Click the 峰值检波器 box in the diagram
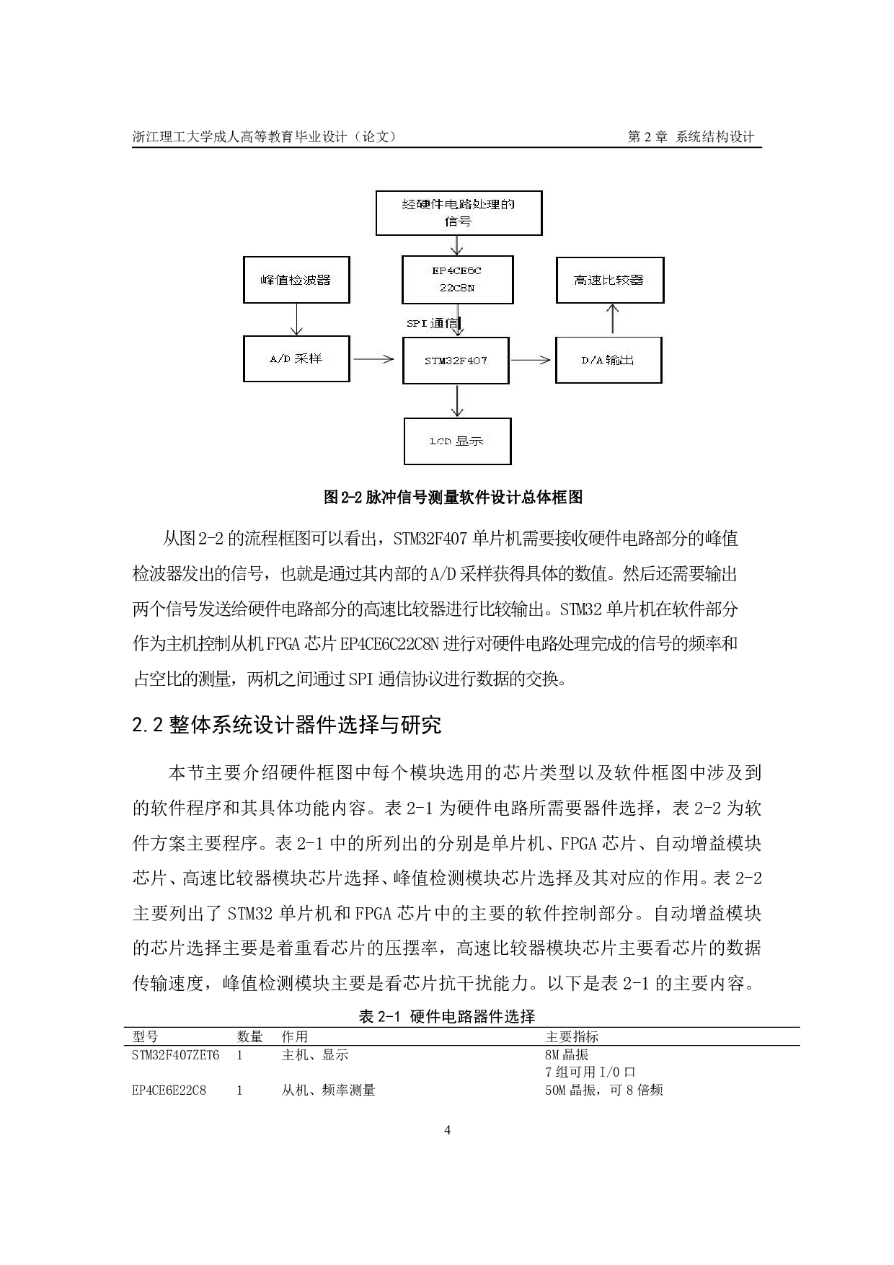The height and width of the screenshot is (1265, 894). [296, 279]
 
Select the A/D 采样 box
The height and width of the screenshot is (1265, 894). [296, 358]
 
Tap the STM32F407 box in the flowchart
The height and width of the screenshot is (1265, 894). [456, 360]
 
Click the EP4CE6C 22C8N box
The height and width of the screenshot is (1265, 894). [458, 279]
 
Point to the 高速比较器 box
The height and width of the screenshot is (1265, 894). [609, 279]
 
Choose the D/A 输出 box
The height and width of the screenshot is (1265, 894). [608, 360]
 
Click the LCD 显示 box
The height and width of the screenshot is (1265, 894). [456, 441]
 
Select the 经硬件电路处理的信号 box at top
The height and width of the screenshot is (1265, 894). [459, 213]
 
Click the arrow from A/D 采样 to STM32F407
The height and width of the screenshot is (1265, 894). [376, 358]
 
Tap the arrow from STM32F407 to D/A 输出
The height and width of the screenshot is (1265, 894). [531, 360]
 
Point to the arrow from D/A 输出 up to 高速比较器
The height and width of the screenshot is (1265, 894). [612, 318]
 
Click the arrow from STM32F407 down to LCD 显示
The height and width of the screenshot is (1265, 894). [456, 400]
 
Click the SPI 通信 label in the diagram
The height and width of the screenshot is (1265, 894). [432, 324]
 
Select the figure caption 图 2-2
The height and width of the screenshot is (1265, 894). [453, 497]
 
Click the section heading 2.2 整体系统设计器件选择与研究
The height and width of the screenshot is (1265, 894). [287, 725]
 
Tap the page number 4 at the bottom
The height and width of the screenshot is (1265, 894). [447, 1130]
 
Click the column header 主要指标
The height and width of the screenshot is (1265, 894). [572, 1037]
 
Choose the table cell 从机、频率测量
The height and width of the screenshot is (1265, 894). [328, 1090]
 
